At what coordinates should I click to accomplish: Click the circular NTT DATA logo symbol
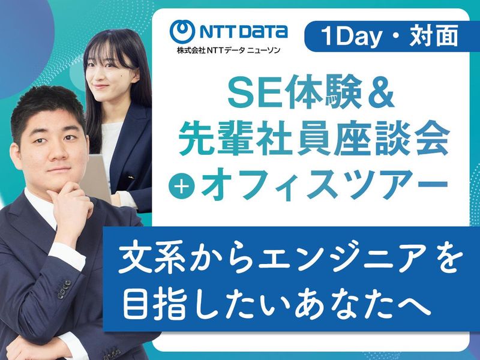[x=182, y=31]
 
